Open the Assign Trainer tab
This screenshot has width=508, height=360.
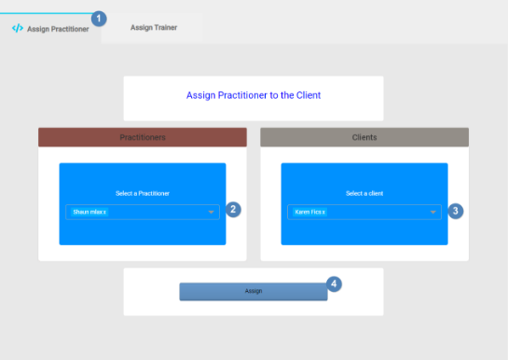click(x=153, y=28)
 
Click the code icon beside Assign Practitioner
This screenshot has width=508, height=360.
click(x=17, y=28)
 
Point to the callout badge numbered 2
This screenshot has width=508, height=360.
click(x=234, y=210)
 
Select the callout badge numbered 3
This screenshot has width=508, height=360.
click(x=455, y=211)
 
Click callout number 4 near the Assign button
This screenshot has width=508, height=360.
click(x=334, y=284)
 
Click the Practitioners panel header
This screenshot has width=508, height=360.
click(x=143, y=137)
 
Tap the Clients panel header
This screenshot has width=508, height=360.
click(x=364, y=137)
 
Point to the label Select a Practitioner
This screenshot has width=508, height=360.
click(x=143, y=193)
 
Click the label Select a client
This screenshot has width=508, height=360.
click(x=364, y=193)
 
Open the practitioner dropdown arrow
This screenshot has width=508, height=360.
click(x=212, y=213)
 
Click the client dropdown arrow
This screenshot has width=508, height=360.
click(x=433, y=213)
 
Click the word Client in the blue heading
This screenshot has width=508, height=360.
click(x=308, y=95)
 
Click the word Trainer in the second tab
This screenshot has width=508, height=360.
click(x=165, y=28)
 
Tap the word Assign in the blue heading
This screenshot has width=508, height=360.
click(x=199, y=95)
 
